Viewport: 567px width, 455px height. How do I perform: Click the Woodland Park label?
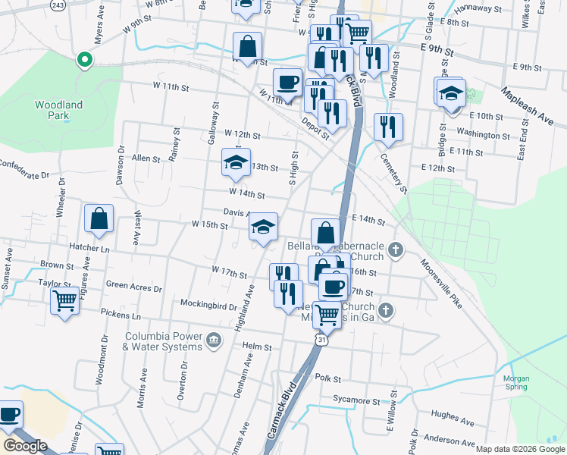pyautogui.click(x=58, y=110)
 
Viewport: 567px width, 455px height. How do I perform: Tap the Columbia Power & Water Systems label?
pyautogui.click(x=164, y=341)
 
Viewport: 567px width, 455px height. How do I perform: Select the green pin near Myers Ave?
pyautogui.click(x=84, y=59)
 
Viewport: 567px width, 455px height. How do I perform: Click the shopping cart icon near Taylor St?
pyautogui.click(x=64, y=301)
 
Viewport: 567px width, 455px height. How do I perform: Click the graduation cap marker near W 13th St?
pyautogui.click(x=235, y=162)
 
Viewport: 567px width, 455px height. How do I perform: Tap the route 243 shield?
pyautogui.click(x=58, y=5)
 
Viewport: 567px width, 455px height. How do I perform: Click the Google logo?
pyautogui.click(x=25, y=445)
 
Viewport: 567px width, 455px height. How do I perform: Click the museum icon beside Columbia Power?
pyautogui.click(x=215, y=338)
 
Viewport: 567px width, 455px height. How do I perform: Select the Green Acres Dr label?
pyautogui.click(x=134, y=287)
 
